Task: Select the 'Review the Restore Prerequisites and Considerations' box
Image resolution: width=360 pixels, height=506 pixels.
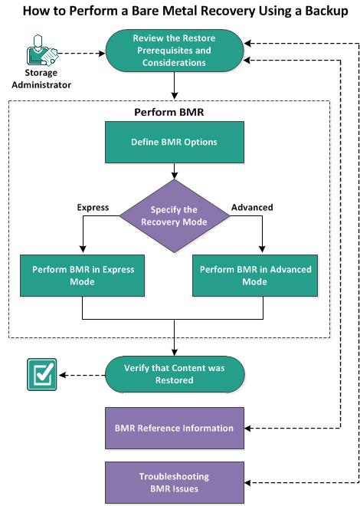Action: [x=174, y=51]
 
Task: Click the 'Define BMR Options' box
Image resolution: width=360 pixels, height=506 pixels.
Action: [x=174, y=143]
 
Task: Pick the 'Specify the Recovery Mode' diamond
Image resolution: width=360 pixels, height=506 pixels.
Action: [x=174, y=217]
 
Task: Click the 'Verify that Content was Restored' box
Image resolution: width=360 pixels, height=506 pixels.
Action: [x=174, y=374]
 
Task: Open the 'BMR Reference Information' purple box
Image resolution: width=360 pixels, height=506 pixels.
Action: [x=174, y=428]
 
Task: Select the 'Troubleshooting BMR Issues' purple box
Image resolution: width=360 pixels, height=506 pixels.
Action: [x=174, y=482]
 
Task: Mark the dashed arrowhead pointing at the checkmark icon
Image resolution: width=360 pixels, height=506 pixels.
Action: [x=64, y=375]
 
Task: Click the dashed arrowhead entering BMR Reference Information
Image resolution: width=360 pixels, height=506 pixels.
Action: [x=249, y=428]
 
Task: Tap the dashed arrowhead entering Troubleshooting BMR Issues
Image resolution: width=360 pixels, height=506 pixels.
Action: [x=249, y=482]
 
